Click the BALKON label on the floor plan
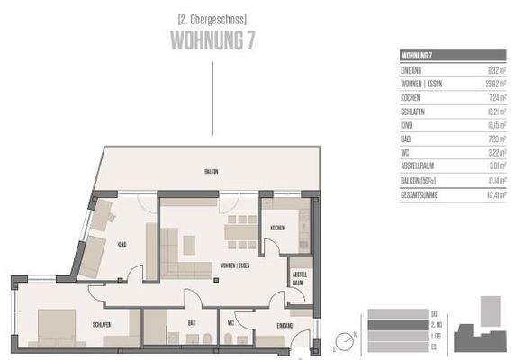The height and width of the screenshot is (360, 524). [211, 171]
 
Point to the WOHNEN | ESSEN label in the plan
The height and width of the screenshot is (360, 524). [222, 264]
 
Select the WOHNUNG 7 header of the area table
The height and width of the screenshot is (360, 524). [416, 55]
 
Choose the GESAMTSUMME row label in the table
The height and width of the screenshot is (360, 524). [420, 193]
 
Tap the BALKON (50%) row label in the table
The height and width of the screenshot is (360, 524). [420, 180]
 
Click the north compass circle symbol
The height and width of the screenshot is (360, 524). [343, 341]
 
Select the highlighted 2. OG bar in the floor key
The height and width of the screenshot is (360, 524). [403, 324]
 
